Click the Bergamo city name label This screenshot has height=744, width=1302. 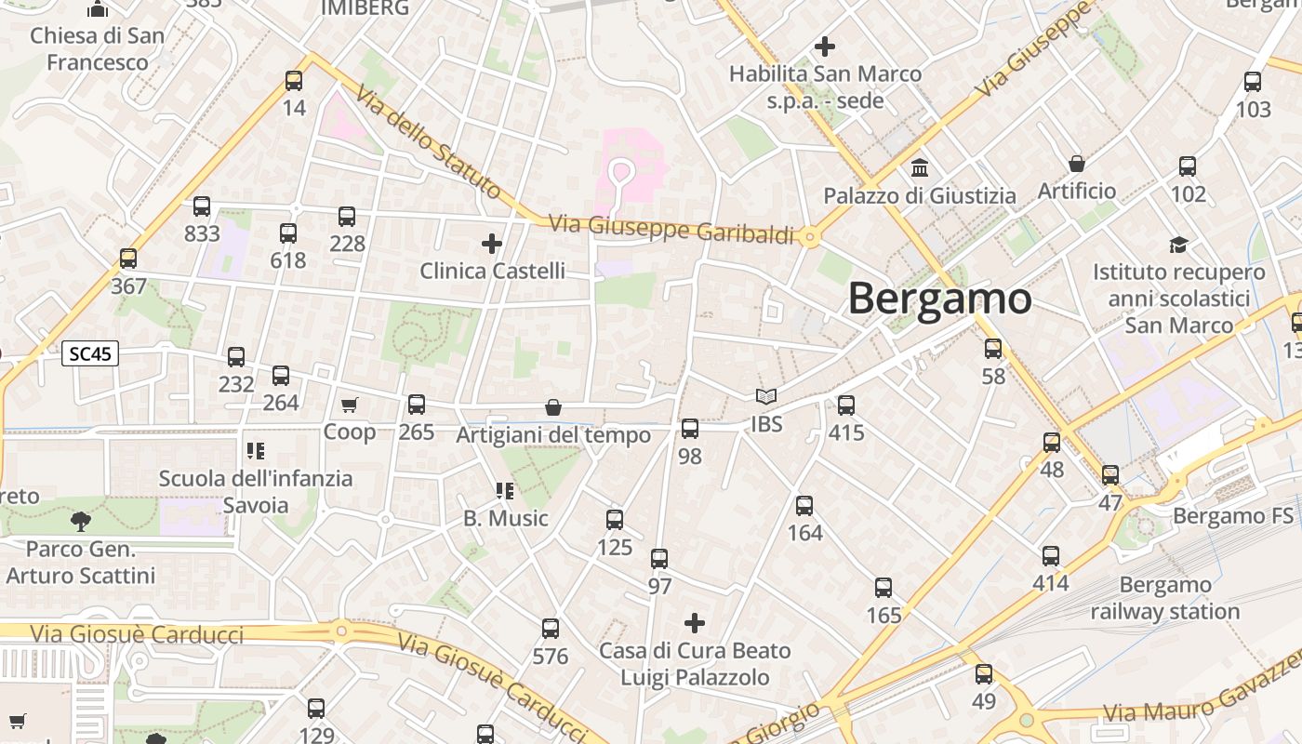939,299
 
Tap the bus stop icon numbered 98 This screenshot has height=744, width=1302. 689,429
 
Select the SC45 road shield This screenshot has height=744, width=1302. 90,353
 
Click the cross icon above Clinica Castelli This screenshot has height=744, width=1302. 492,245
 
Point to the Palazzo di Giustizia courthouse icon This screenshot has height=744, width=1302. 920,168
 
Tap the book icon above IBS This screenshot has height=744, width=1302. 766,397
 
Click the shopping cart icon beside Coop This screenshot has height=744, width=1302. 350,405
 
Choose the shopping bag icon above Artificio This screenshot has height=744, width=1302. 1077,165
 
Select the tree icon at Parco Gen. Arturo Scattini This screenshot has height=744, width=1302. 81,521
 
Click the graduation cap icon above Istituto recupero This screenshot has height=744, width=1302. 1178,246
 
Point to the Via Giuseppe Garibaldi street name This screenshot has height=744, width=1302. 671,229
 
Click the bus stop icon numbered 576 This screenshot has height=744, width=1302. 551,629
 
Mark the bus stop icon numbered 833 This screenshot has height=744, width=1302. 202,206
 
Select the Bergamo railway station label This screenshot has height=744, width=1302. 1164,598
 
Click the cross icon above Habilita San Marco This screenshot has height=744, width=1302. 824,46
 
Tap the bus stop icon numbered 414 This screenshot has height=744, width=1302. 1051,556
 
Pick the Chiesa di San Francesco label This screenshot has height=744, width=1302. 98,49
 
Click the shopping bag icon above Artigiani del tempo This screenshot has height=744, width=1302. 553,407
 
